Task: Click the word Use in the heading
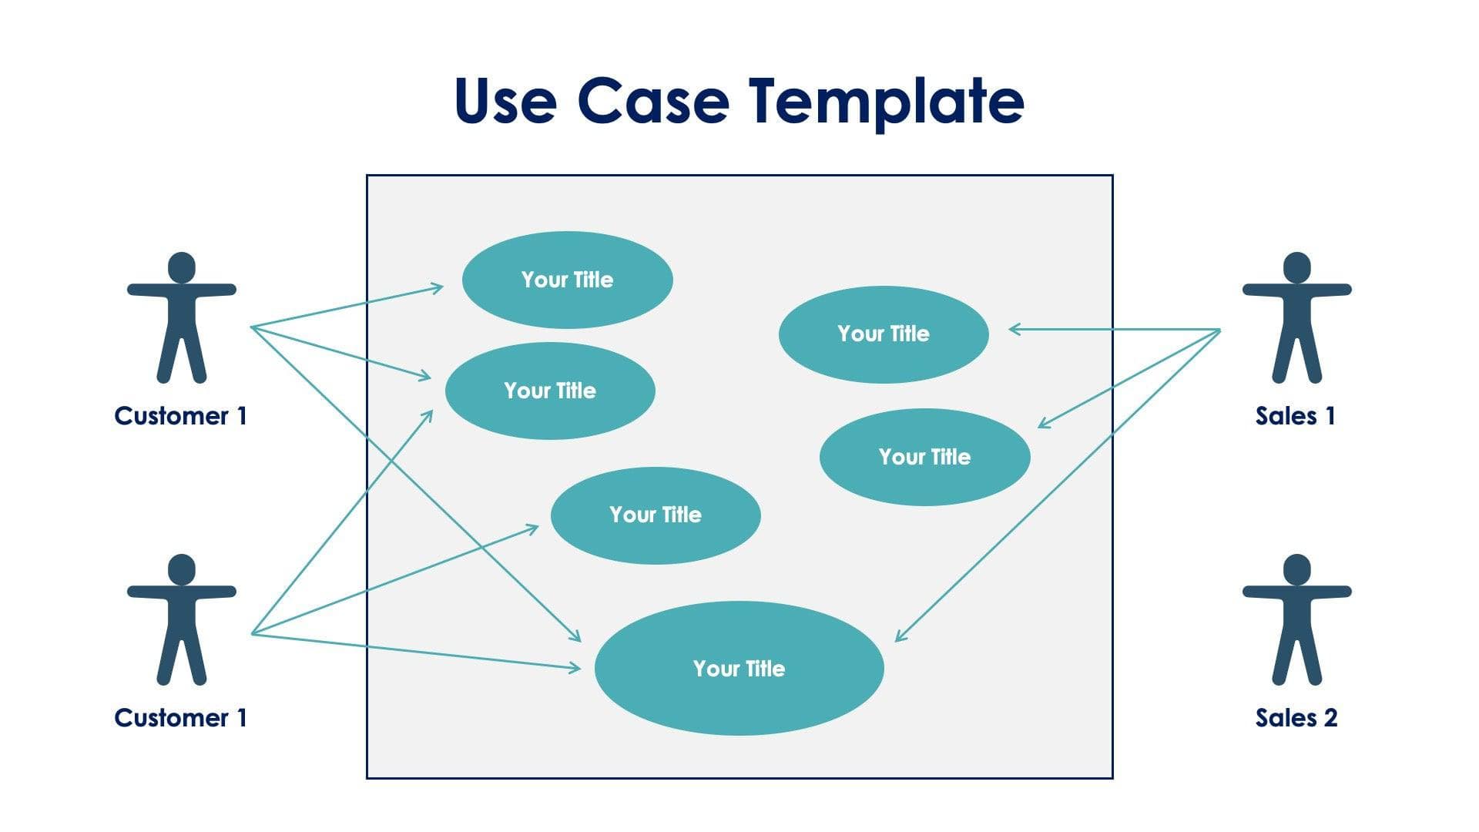click(x=505, y=101)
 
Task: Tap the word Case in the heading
click(x=652, y=101)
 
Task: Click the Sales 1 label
click(x=1295, y=416)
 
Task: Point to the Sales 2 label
click(x=1296, y=718)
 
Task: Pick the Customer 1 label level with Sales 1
click(x=180, y=416)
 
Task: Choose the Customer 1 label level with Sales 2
click(x=180, y=718)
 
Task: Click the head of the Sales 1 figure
click(x=1296, y=267)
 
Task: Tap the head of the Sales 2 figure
click(x=1296, y=569)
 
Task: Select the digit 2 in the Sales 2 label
click(x=1330, y=718)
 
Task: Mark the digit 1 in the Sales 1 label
click(x=1330, y=416)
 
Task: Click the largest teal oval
click(x=739, y=668)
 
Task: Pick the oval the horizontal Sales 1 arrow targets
click(x=884, y=334)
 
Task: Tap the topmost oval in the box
click(x=567, y=280)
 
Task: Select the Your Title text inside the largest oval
click(x=739, y=669)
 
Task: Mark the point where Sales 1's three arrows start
click(x=1220, y=330)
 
